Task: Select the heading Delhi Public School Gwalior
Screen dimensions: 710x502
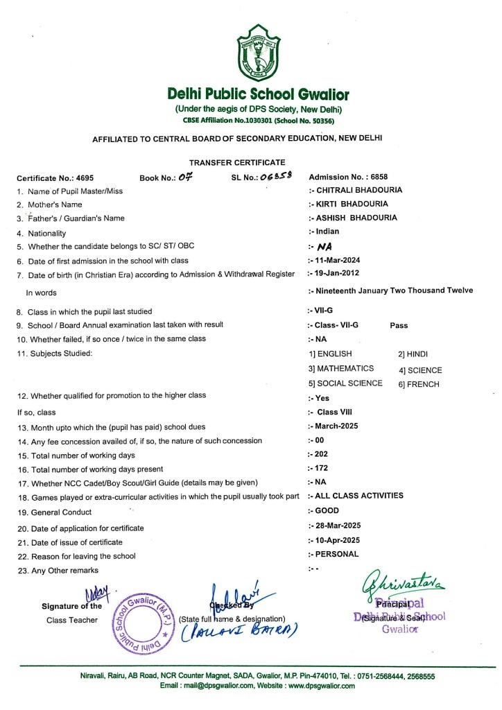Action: pos(258,94)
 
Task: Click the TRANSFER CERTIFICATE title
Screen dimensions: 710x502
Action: pos(237,162)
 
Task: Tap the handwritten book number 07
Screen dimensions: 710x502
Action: pos(184,177)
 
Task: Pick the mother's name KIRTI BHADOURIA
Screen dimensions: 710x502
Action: pos(351,204)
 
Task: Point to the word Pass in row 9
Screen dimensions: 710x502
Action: pos(399,324)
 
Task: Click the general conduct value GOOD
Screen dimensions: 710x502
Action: pos(327,510)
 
